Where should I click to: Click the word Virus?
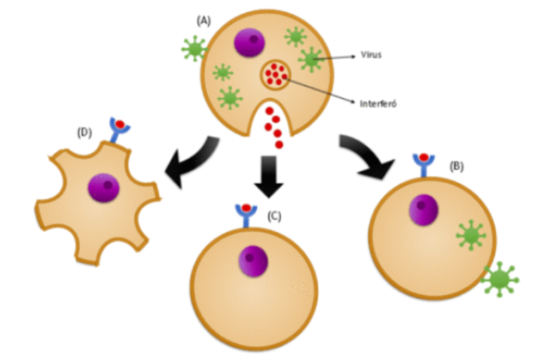tap(372, 56)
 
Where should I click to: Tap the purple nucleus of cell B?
tap(424, 209)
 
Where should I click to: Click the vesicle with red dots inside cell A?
tap(275, 75)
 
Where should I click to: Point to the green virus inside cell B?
tap(470, 235)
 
